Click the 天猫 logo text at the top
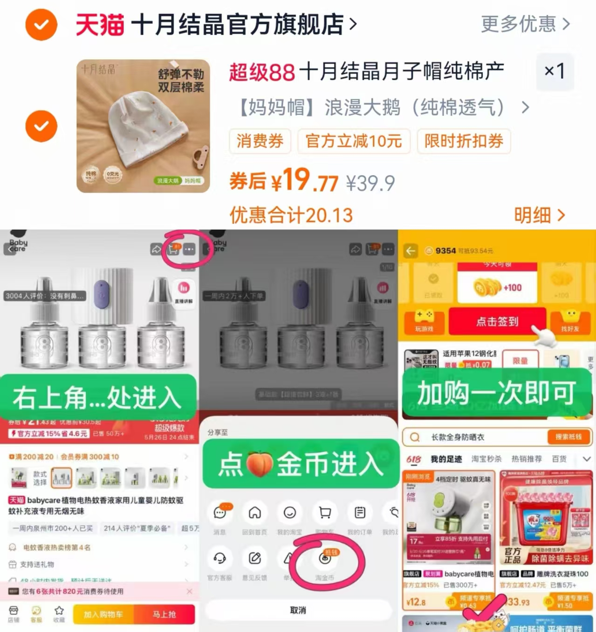100,24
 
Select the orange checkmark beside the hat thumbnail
41,126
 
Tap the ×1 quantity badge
555,71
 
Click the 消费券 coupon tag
260,141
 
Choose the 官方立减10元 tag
354,141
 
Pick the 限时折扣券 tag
464,141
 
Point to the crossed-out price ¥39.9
370,183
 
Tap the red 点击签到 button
497,321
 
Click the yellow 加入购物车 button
103,614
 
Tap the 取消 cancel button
298,610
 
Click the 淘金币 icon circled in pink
325,559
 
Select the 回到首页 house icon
254,513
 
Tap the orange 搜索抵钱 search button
568,437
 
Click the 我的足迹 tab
446,459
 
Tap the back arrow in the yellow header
411,251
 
